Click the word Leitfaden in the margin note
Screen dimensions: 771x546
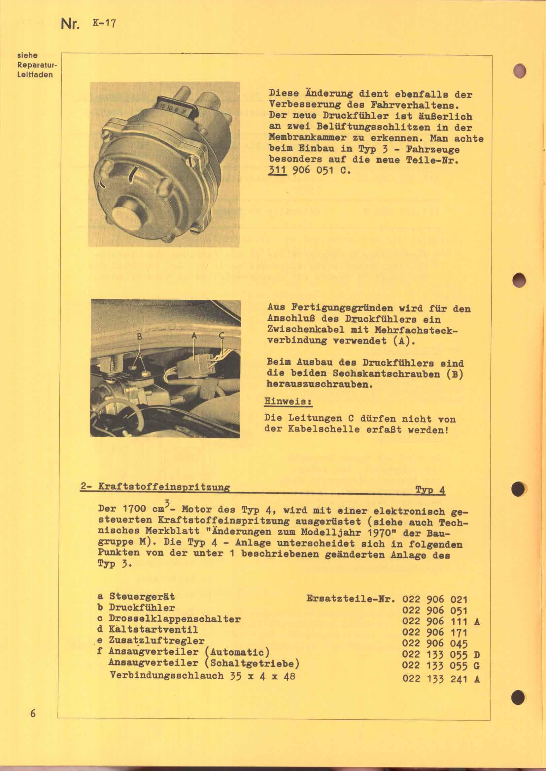pyautogui.click(x=35, y=74)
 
